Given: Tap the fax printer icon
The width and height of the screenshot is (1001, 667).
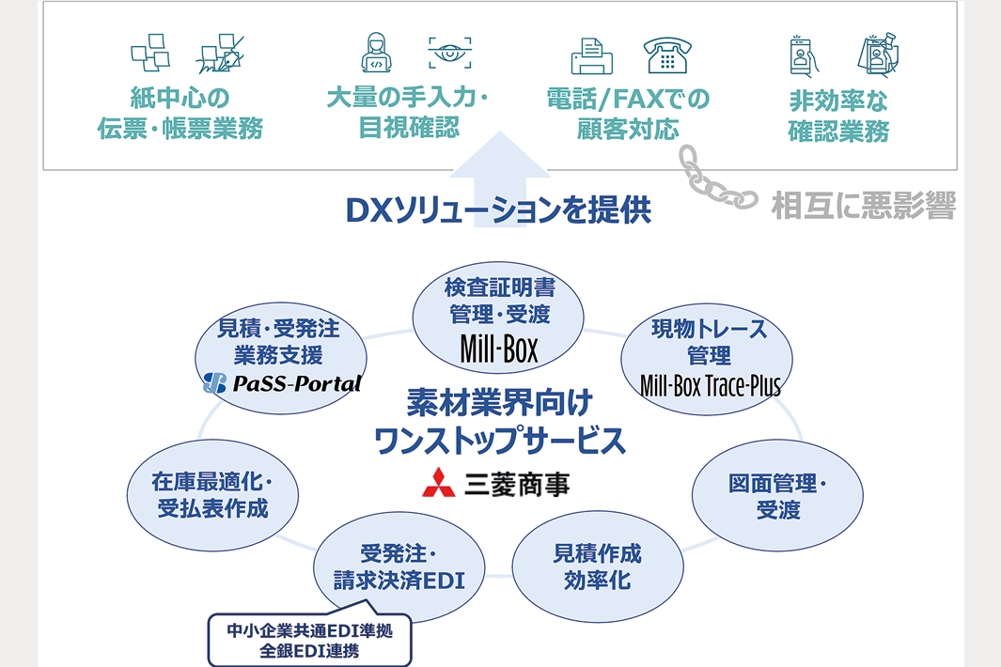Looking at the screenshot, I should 592,56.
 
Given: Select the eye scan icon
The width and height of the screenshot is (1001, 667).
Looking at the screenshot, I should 449,54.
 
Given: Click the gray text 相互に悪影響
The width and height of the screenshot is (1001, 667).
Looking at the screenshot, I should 863,204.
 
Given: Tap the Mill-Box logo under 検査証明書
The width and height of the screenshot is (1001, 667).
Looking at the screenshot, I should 499,349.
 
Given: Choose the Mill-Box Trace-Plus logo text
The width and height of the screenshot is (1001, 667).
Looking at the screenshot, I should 710,384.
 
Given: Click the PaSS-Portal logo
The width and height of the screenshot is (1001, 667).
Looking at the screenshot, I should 282,383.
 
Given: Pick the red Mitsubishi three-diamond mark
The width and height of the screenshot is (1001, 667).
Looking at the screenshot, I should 437,482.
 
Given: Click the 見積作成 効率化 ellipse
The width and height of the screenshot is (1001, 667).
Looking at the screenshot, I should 597,566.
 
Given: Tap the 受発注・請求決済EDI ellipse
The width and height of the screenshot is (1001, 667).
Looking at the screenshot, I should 399,566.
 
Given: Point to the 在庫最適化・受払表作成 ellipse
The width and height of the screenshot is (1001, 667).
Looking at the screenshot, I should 212,495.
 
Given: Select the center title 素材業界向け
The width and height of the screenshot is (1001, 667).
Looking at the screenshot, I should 499,405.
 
